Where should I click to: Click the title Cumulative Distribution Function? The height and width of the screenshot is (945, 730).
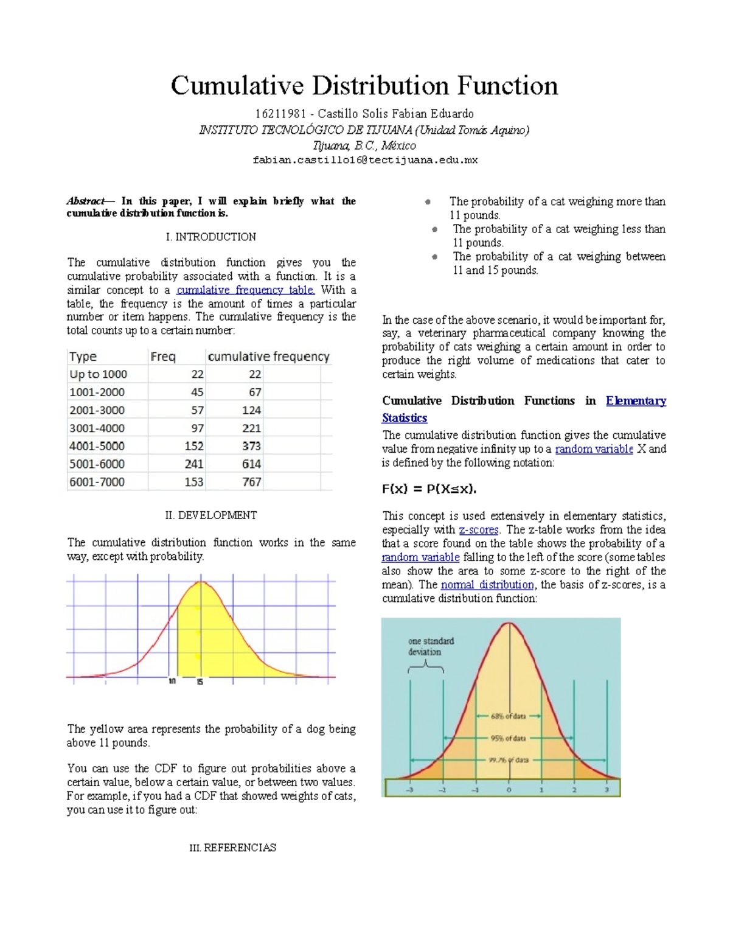point(364,86)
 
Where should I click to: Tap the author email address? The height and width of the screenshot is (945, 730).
point(365,160)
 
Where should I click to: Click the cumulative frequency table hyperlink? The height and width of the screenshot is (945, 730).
point(245,290)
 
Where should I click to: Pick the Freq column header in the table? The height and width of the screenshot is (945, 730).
point(162,357)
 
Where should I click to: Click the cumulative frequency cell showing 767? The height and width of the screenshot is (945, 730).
point(251,482)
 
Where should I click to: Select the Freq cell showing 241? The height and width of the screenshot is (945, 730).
point(194,464)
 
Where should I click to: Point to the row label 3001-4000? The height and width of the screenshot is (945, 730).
point(97,428)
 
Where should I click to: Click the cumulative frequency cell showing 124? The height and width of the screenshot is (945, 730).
point(251,410)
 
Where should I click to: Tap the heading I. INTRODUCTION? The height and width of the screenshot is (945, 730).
point(210,237)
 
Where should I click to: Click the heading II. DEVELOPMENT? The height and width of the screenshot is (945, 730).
point(210,515)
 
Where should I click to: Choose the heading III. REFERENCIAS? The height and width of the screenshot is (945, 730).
point(233,848)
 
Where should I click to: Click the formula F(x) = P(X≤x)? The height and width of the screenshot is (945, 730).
point(429,489)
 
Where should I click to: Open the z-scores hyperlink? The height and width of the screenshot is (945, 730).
point(479,530)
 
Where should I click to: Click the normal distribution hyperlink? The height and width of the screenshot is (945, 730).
point(487,585)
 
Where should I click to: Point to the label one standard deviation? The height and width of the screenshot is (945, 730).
point(431,646)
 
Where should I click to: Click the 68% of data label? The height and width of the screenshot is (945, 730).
point(509,716)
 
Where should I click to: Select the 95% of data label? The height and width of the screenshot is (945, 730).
point(509,738)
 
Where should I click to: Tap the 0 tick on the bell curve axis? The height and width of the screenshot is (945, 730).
point(509,790)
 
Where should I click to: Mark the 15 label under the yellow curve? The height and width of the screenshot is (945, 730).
point(200,682)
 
